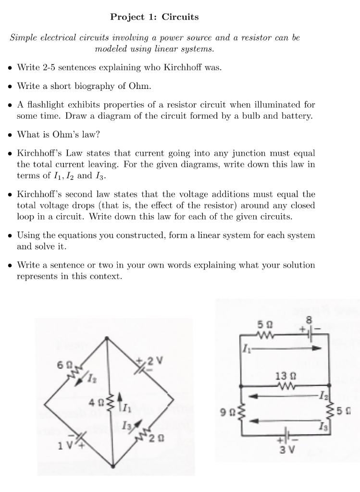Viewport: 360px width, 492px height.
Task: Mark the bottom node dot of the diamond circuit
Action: [112, 465]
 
